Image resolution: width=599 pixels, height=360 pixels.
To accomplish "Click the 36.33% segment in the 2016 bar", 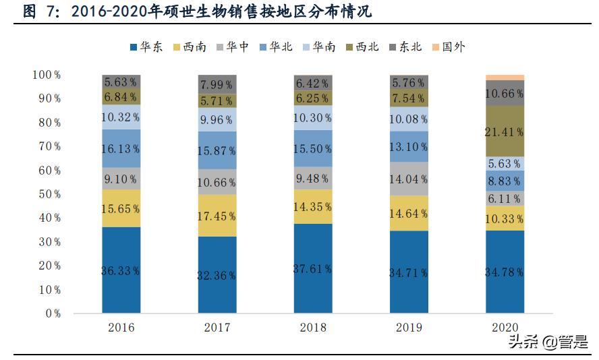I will (121, 270).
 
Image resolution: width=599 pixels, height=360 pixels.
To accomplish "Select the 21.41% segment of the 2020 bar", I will (505, 131).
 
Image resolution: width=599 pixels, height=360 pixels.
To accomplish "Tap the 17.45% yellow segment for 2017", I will (217, 216).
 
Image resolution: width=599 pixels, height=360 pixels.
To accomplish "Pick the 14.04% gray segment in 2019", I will (409, 179).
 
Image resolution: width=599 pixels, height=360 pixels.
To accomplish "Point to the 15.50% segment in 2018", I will (313, 148).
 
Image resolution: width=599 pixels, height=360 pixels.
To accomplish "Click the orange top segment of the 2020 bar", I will (505, 78).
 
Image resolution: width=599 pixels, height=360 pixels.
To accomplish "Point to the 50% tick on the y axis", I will (48, 194).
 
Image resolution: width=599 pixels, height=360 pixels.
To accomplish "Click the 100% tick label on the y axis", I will (46, 75).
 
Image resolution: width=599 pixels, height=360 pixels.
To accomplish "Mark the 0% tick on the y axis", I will (51, 313).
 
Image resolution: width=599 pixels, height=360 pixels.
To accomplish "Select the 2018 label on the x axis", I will (313, 328).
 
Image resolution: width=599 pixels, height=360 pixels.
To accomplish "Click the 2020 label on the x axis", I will (505, 328).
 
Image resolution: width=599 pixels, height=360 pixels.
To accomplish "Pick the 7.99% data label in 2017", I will (217, 84).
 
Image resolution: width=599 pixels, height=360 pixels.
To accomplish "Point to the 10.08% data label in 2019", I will (409, 119).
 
